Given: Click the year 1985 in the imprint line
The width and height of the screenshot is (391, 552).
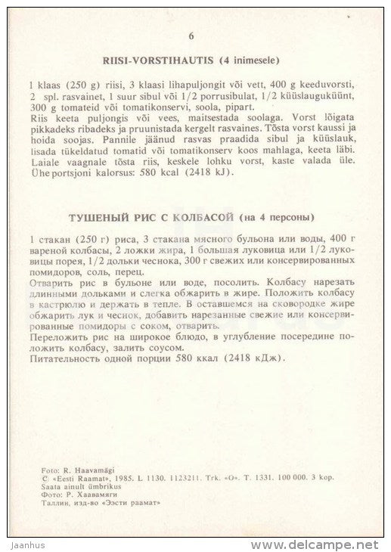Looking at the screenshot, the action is coord(113,479).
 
